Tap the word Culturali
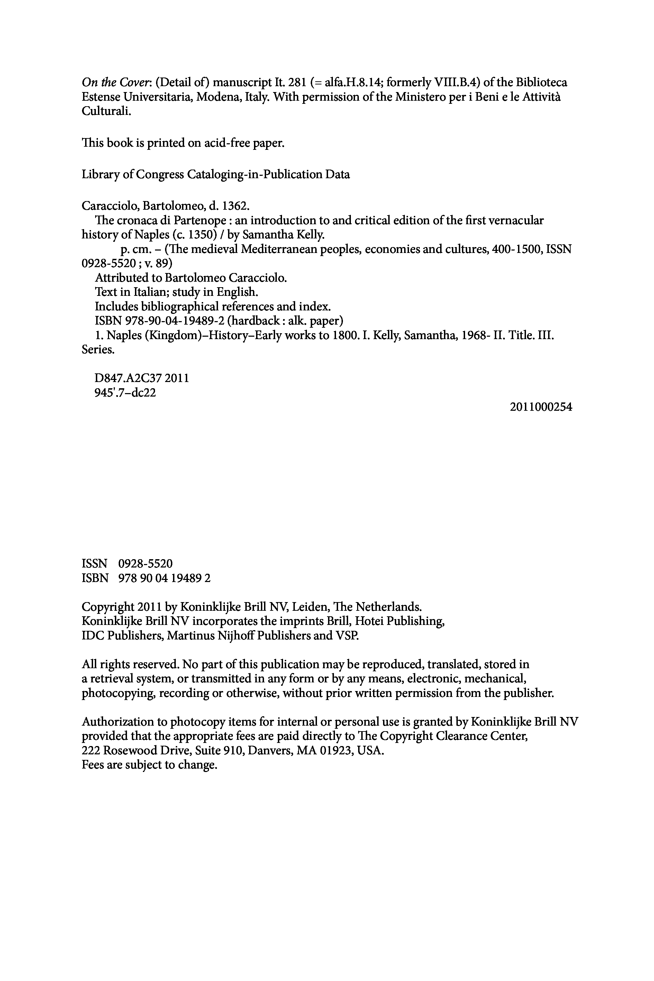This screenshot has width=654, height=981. coord(106,111)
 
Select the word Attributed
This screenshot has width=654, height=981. coord(122,278)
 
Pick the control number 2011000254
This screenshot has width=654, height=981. coord(541,407)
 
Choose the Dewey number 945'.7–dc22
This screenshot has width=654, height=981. coord(126,392)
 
